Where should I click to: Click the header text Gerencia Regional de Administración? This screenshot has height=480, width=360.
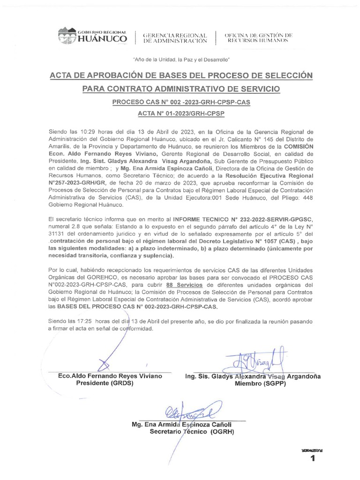click(x=175, y=38)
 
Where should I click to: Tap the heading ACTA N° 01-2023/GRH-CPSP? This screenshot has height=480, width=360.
click(x=180, y=114)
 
